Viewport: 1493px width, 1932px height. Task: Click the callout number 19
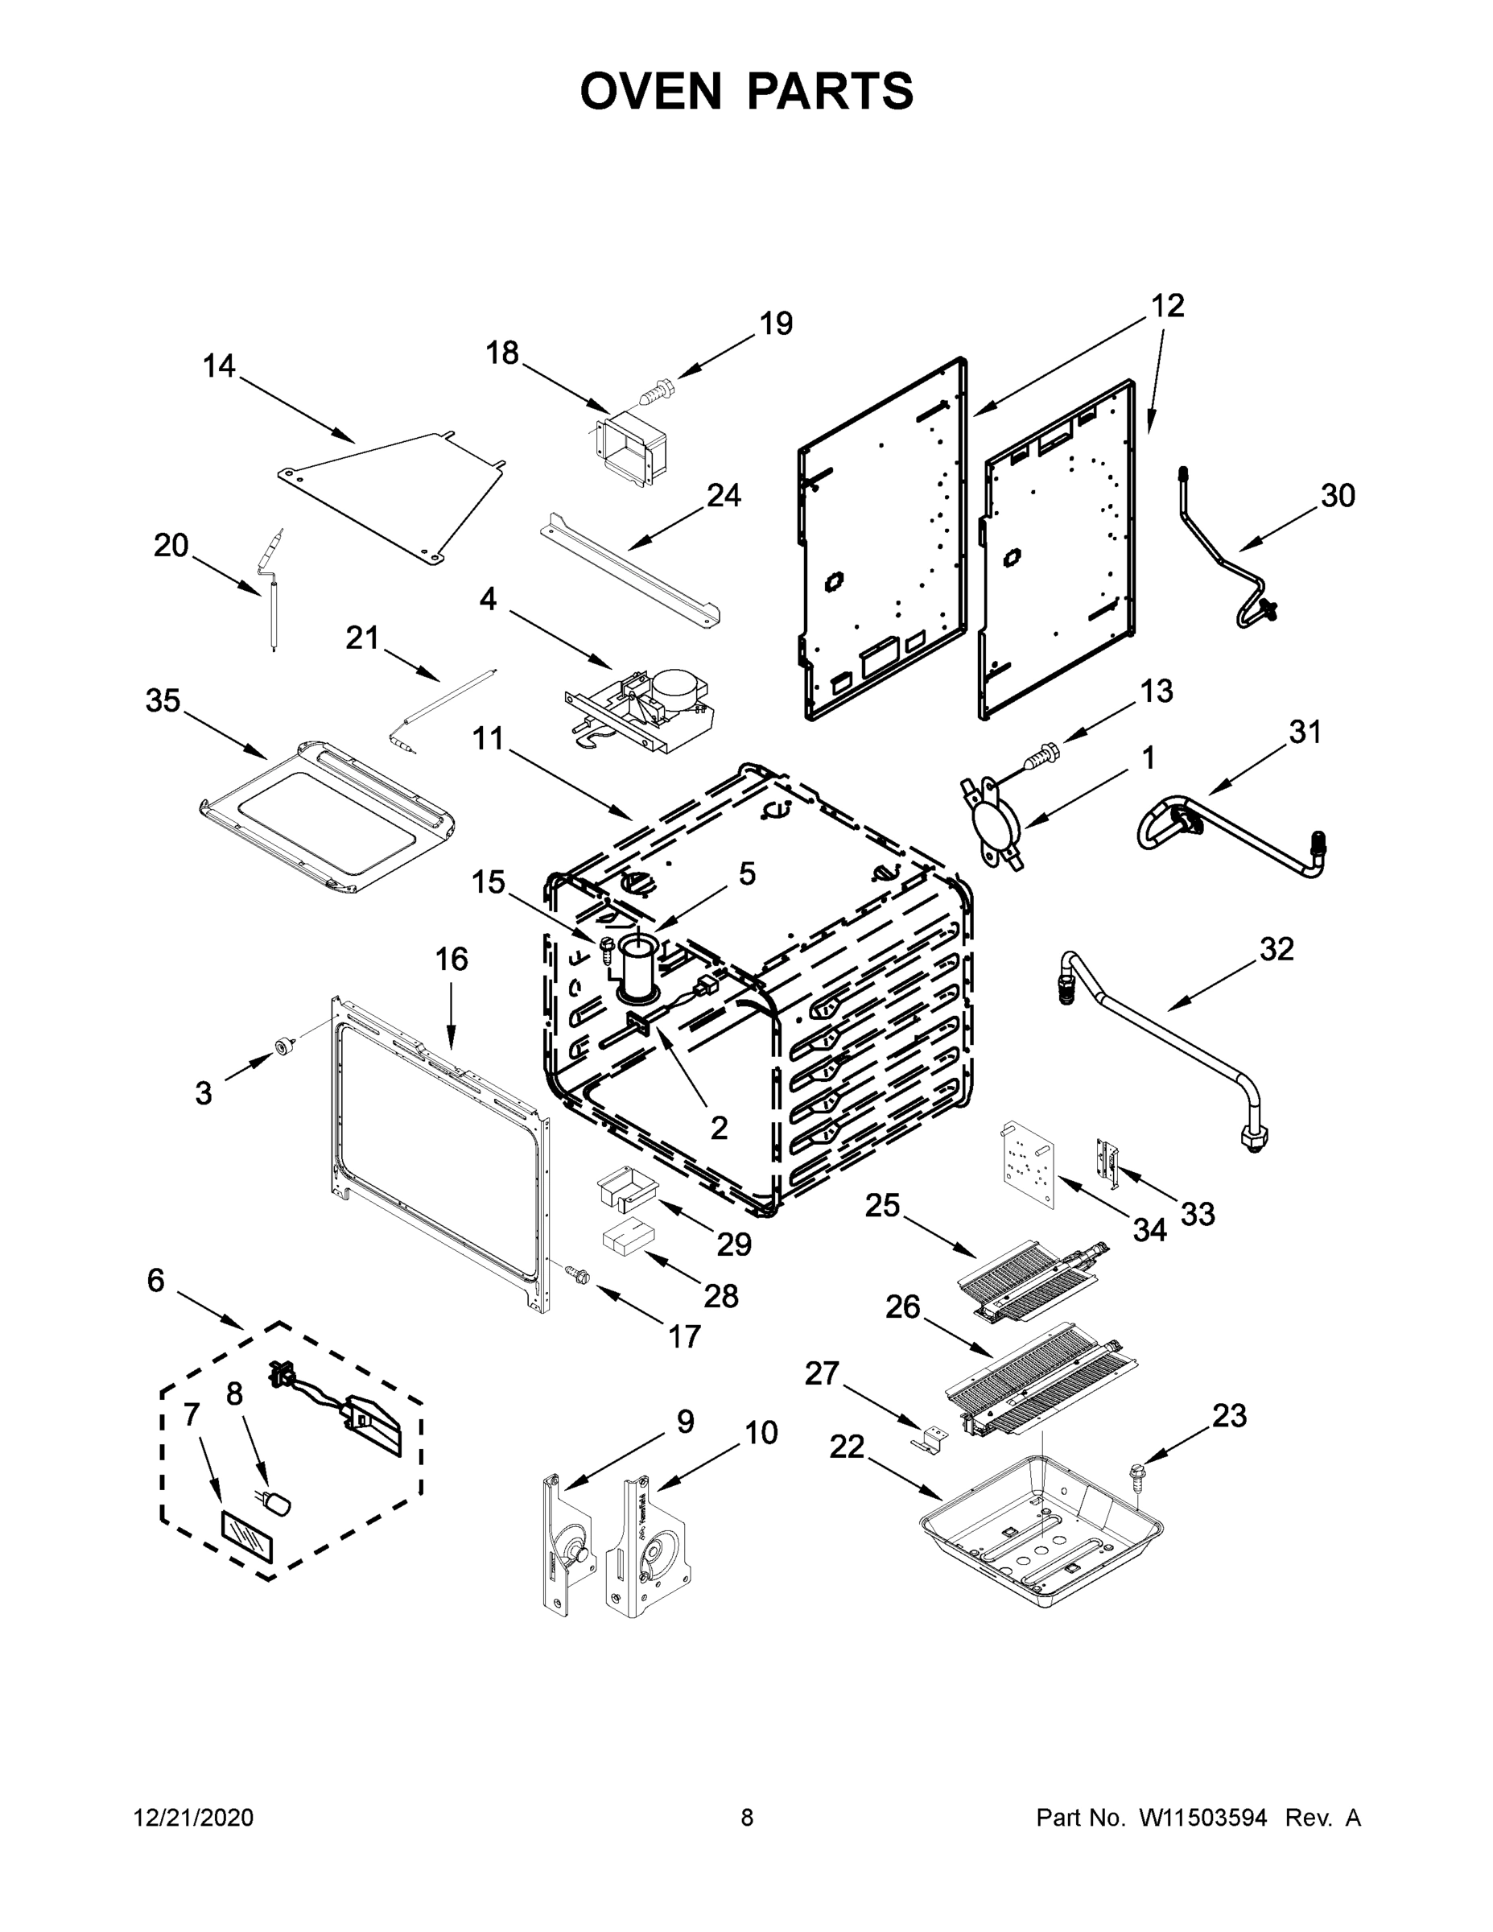776,324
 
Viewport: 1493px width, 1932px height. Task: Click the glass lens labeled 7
247,1537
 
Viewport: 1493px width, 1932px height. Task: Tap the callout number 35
163,700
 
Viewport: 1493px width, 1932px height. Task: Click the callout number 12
1168,306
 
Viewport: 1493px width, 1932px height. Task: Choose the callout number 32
1276,949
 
